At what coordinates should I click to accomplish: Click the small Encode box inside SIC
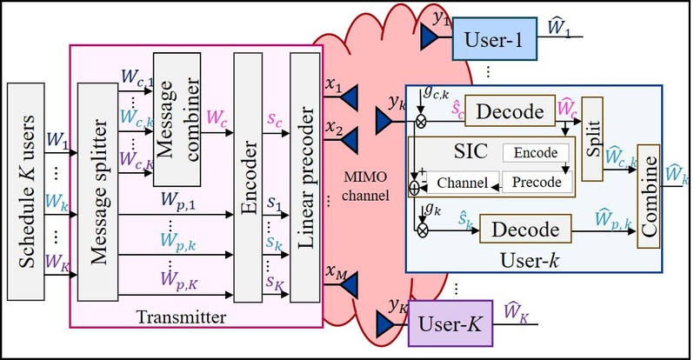pos(535,152)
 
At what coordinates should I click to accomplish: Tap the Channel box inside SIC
pos(461,183)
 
